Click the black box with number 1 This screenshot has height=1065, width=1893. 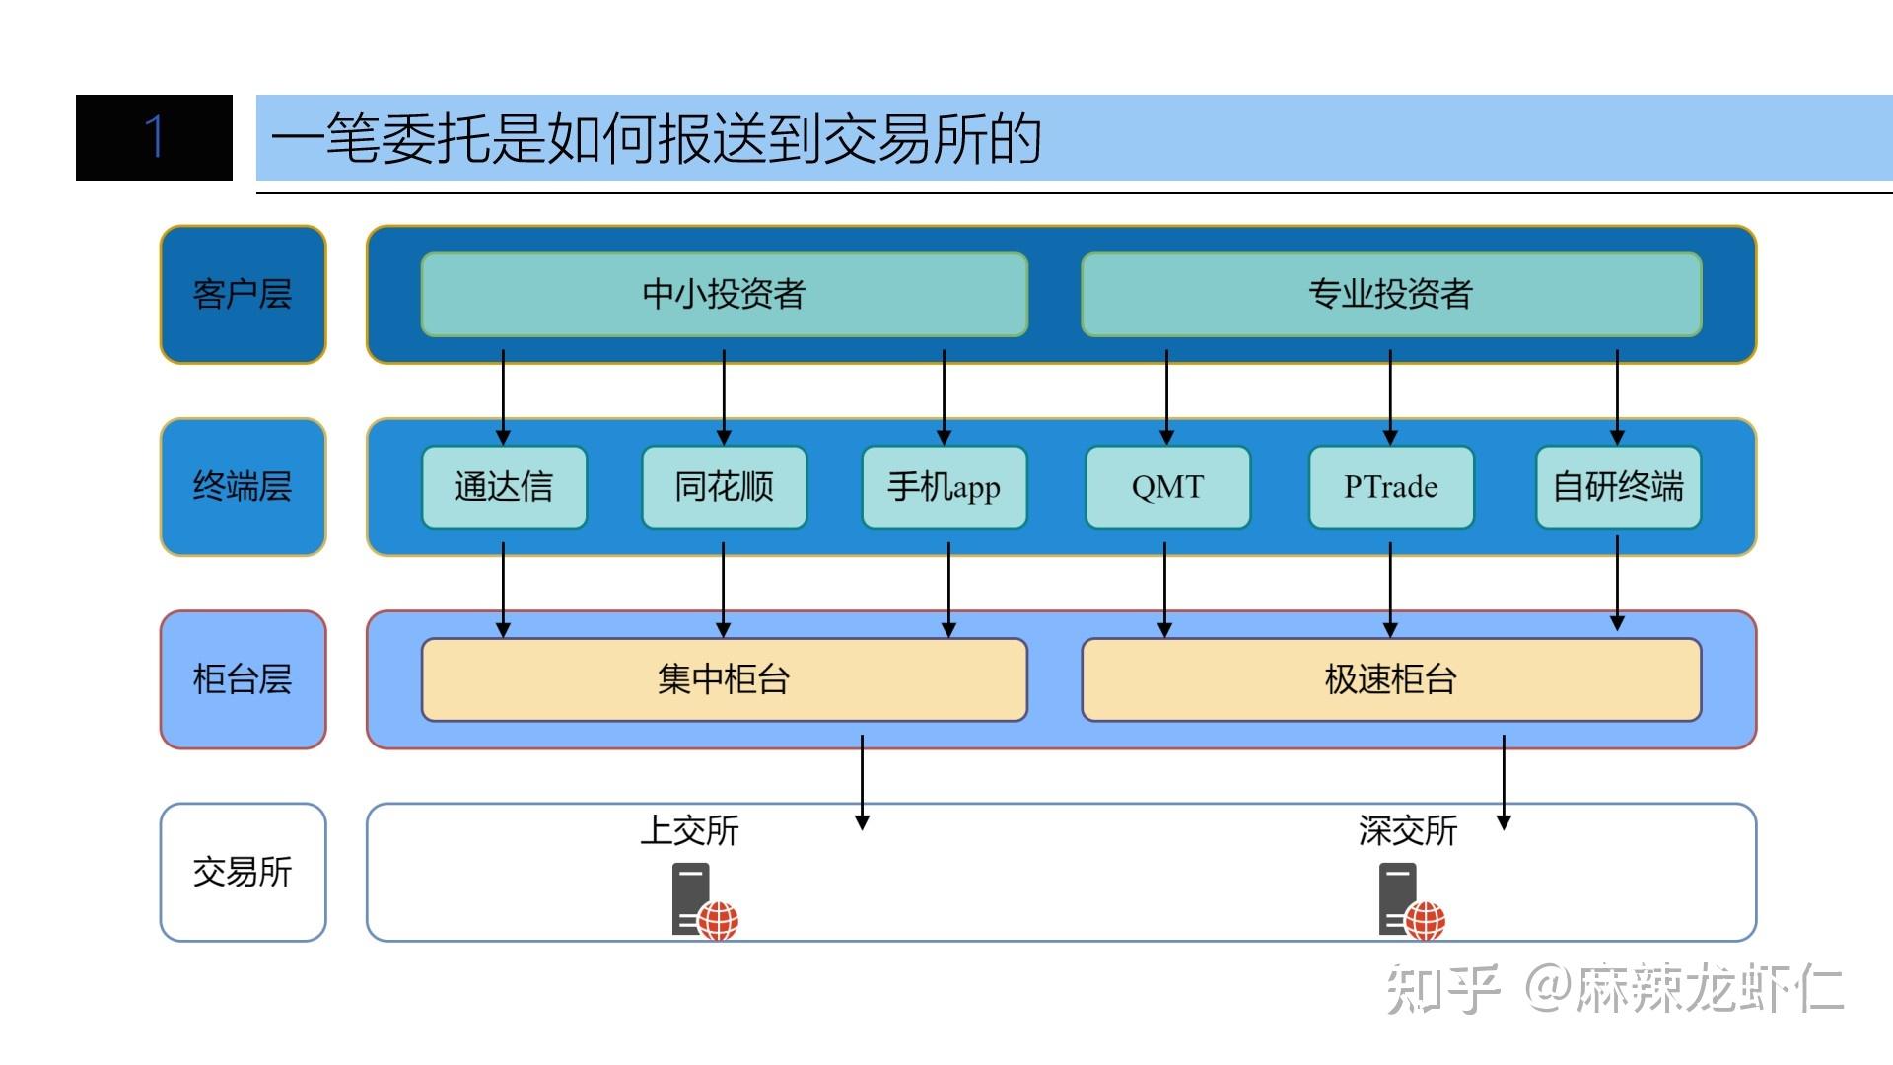tap(154, 138)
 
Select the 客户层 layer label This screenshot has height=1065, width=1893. tap(243, 294)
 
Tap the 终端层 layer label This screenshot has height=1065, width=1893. tap(243, 486)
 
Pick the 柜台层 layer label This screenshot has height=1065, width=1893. tap(243, 679)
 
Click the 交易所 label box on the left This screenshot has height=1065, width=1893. tap(243, 872)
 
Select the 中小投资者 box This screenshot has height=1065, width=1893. tap(724, 294)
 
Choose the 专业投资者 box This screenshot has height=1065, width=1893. tap(1390, 294)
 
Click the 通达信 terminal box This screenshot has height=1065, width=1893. tap(504, 486)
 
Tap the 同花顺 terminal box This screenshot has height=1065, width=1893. tap(724, 486)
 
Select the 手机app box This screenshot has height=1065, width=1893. tap(944, 486)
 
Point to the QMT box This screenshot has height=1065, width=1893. tap(1167, 486)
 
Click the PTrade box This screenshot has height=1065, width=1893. tap(1390, 486)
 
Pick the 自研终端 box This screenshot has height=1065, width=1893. tap(1618, 486)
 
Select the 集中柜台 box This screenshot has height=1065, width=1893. tap(724, 679)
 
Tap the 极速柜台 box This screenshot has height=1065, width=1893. tap(1390, 679)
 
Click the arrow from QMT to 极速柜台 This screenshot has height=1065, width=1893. tap(1165, 589)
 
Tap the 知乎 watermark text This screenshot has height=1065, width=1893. tap(1441, 987)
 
